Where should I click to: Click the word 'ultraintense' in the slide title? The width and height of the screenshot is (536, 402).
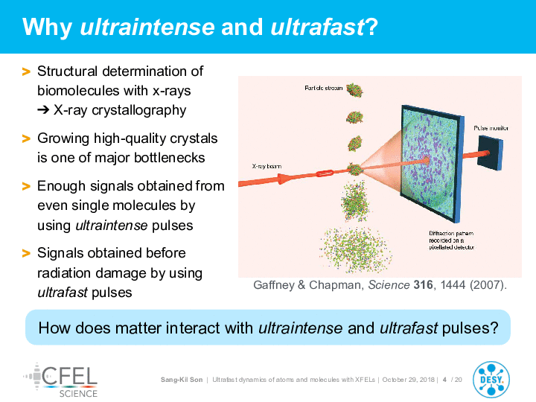click(147, 27)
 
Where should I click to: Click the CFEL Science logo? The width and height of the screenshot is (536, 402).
click(60, 380)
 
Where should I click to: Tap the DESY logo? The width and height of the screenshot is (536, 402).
click(491, 380)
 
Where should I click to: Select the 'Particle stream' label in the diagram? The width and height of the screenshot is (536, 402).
click(323, 88)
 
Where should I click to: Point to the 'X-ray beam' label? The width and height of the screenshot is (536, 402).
click(267, 166)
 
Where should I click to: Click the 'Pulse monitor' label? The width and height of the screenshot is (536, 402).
click(491, 128)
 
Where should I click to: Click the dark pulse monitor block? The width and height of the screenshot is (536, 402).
click(490, 153)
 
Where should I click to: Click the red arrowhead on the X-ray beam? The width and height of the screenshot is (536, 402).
click(284, 179)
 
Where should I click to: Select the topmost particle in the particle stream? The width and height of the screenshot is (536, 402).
click(355, 90)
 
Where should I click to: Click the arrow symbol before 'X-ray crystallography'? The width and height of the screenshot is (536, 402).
click(43, 110)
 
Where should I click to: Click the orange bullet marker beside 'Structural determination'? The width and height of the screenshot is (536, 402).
click(26, 71)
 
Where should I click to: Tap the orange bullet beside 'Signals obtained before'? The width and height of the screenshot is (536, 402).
click(26, 253)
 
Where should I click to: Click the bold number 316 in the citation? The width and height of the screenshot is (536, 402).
click(423, 284)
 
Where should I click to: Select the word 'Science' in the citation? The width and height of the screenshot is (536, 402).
click(389, 284)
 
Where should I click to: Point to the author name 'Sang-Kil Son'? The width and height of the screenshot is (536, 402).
click(182, 380)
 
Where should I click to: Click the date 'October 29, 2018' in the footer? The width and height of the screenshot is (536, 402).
click(408, 380)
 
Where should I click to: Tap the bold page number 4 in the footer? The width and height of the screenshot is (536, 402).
click(444, 380)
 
